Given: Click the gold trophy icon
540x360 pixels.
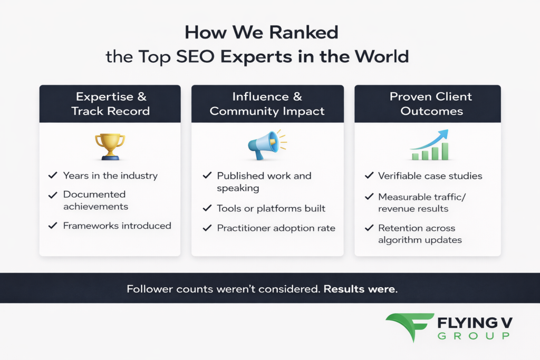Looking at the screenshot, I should (x=110, y=146).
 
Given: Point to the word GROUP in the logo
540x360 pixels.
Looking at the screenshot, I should (x=474, y=336).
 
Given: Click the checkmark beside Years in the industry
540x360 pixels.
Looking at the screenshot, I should (x=52, y=176).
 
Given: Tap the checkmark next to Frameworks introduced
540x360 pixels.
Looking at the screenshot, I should (x=52, y=226).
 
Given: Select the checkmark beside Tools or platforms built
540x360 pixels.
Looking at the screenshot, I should (x=207, y=208).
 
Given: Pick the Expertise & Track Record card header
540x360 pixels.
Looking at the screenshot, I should (x=110, y=104).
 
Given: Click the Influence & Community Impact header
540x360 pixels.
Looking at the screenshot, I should (x=267, y=104).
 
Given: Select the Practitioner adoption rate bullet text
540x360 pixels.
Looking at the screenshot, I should (x=276, y=228).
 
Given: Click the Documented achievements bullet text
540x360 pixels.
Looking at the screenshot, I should (x=95, y=200).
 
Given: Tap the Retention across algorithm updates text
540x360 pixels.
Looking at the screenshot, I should (x=419, y=234).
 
